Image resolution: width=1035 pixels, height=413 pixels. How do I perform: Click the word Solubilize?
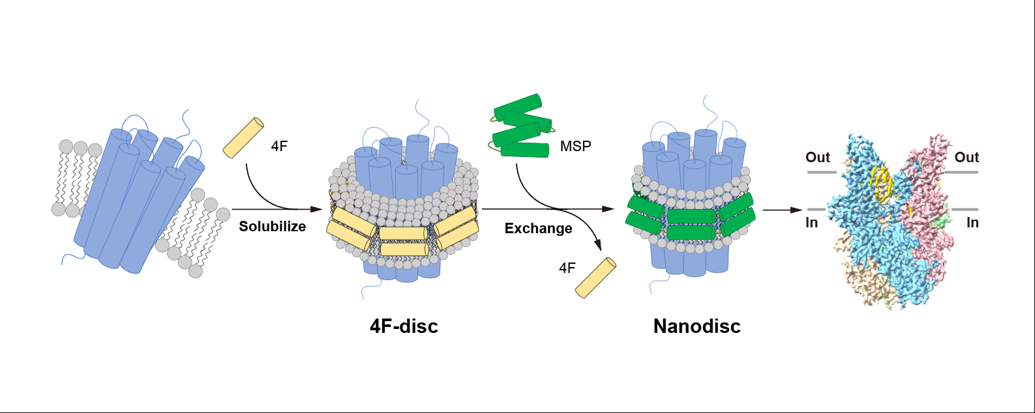(272, 227)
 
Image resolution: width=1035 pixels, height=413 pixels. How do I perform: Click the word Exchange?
(538, 229)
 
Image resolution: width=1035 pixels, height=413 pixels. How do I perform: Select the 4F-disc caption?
(404, 326)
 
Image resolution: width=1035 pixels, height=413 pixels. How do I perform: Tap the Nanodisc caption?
(697, 326)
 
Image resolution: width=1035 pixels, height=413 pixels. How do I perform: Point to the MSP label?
(575, 146)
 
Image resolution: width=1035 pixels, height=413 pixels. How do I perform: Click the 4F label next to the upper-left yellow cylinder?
(279, 146)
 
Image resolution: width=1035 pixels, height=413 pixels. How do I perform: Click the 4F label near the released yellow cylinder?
(567, 268)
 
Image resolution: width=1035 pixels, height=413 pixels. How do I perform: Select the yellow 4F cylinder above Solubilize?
(243, 137)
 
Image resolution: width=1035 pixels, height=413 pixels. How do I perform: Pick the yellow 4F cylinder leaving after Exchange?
(595, 278)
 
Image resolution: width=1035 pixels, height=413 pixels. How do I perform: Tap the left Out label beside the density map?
(818, 157)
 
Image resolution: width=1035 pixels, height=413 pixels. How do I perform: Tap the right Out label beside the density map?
(967, 157)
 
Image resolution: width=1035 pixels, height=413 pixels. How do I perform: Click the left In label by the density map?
(811, 223)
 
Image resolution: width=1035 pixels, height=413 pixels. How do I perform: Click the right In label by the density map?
(972, 223)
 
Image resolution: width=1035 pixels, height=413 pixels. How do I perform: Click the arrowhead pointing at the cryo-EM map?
(796, 210)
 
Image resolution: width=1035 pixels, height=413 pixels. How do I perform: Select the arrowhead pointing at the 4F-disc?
(316, 209)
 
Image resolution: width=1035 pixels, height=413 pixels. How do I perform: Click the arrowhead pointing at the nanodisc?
(608, 209)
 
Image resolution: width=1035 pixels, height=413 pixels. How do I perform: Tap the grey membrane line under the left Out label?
(822, 173)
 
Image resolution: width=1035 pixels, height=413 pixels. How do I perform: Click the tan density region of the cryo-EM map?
(861, 280)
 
